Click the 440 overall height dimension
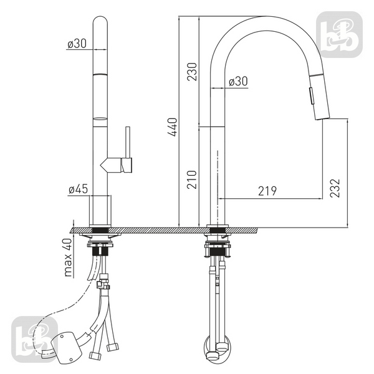click(173, 127)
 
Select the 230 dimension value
click(192, 72)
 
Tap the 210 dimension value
click(192, 180)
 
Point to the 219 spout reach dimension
click(267, 191)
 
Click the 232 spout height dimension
click(335, 188)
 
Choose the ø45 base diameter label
click(79, 189)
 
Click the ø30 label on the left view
click(77, 44)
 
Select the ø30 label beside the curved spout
click(238, 81)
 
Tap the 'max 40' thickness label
click(68, 257)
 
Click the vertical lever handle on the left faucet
click(128, 142)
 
